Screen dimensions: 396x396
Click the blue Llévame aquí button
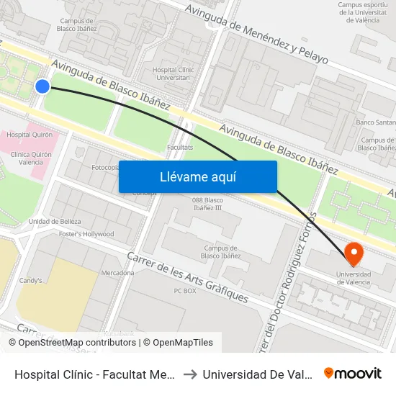[x=197, y=176]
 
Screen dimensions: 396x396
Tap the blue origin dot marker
[x=42, y=86]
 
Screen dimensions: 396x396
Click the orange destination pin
[x=354, y=253]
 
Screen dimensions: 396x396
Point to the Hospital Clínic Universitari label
[x=171, y=73]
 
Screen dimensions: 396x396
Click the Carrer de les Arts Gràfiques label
[x=188, y=277]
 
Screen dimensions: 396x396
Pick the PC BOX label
[x=185, y=291]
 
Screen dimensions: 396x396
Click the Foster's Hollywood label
[x=86, y=234]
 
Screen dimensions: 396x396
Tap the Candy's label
[x=30, y=280]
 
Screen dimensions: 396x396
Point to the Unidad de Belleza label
[x=55, y=221]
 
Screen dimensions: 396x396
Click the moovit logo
[x=353, y=373]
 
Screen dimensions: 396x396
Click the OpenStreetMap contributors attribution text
[x=76, y=343]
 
